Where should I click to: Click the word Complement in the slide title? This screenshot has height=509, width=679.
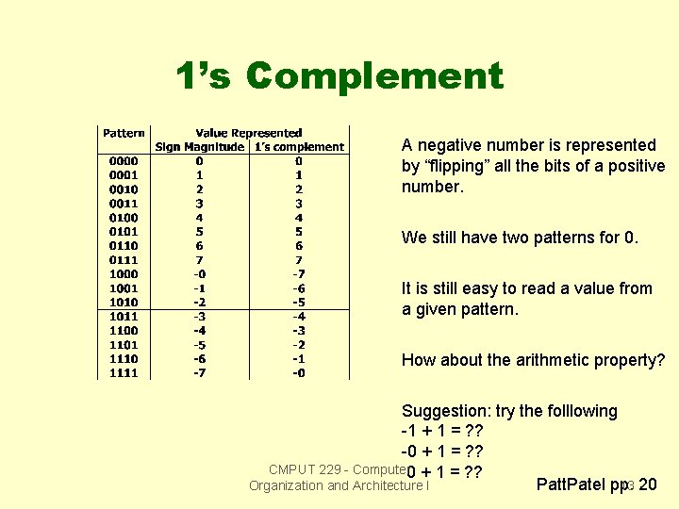pyautogui.click(x=375, y=76)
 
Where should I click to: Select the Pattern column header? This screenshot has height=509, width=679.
pyautogui.click(x=124, y=134)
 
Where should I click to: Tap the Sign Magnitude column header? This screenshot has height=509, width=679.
pyautogui.click(x=199, y=147)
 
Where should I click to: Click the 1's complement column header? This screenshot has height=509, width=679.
pyautogui.click(x=299, y=147)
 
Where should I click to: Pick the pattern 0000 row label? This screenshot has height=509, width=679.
pyautogui.click(x=123, y=161)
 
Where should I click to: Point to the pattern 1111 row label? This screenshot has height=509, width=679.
pyautogui.click(x=123, y=373)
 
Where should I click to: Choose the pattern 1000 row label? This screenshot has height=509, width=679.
pyautogui.click(x=123, y=274)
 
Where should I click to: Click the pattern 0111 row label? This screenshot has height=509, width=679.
pyautogui.click(x=123, y=260)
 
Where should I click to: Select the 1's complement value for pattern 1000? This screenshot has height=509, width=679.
pyautogui.click(x=298, y=274)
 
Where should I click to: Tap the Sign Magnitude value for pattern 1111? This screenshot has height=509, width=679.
pyautogui.click(x=199, y=373)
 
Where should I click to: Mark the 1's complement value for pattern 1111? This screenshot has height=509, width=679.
pyautogui.click(x=298, y=373)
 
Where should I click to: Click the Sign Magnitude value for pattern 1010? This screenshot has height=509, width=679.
pyautogui.click(x=199, y=303)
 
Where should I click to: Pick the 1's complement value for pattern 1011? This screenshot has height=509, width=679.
pyautogui.click(x=298, y=317)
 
